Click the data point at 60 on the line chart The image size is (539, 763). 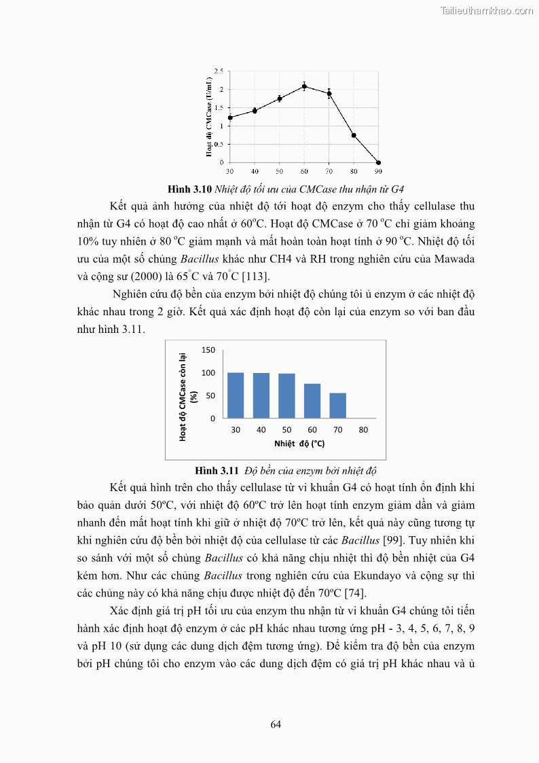coord(304,86)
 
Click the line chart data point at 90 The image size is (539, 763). coord(378,162)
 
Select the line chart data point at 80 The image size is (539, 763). coord(354,135)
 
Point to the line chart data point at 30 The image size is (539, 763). coord(230,118)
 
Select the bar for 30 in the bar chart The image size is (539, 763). coord(236,395)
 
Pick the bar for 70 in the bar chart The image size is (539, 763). coord(338,405)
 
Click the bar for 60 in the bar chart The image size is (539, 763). coord(312,401)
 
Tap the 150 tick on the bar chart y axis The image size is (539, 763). coord(208,350)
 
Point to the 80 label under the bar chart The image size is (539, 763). coord(363,430)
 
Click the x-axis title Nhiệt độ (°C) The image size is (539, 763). coord(299,444)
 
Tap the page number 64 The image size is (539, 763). coord(276,724)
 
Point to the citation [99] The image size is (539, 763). coord(389,541)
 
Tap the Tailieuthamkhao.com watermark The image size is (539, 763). coord(487,10)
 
